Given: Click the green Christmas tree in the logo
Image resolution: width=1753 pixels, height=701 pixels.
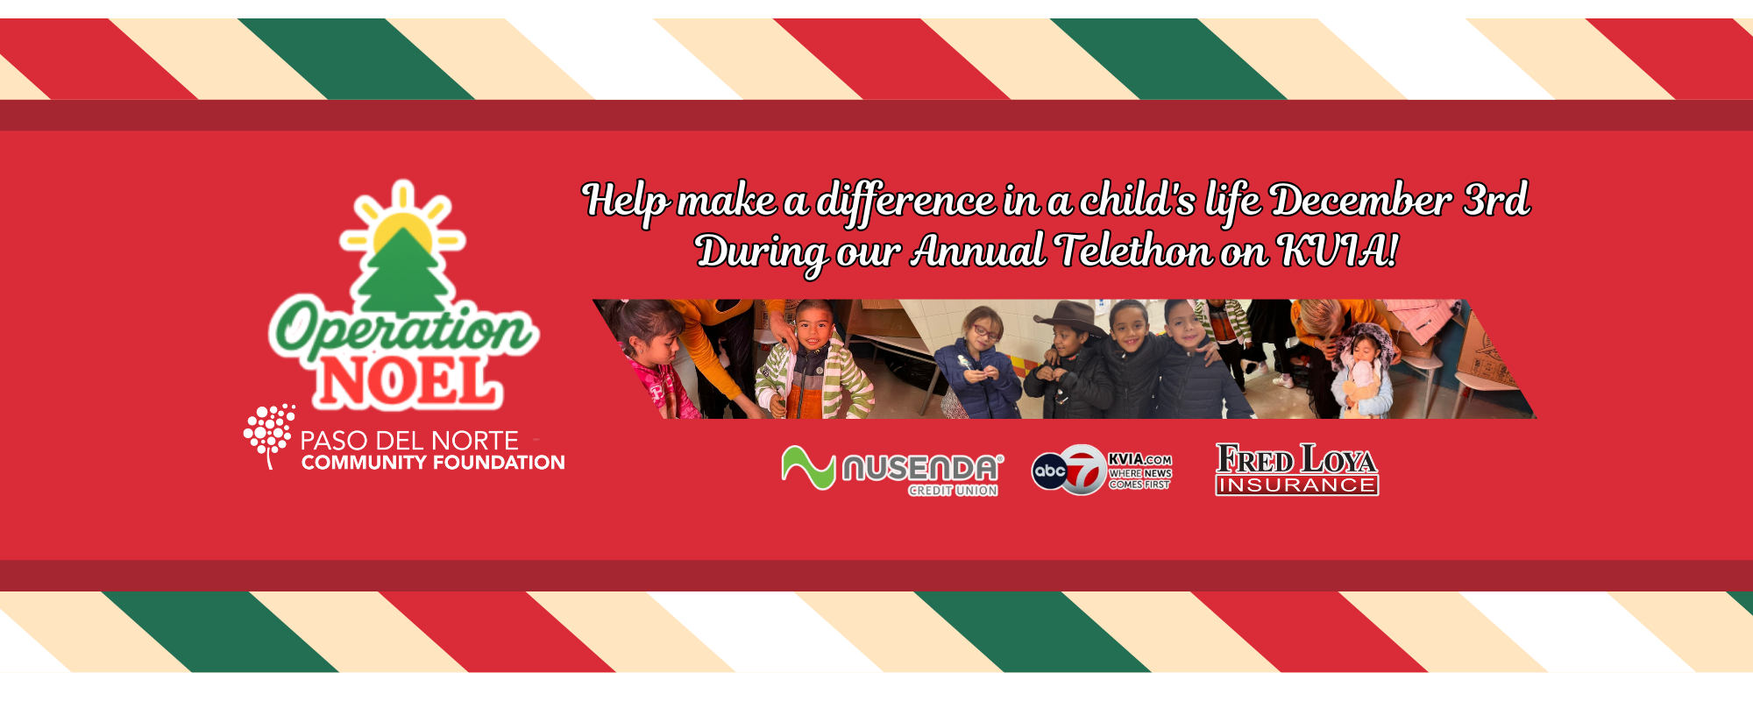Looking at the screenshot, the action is click(403, 272).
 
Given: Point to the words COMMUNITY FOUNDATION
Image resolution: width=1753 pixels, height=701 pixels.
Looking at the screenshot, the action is click(433, 463).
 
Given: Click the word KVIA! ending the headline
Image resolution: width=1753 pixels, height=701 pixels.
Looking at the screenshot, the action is click(1338, 251).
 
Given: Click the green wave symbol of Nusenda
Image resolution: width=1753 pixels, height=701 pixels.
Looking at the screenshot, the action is click(808, 468).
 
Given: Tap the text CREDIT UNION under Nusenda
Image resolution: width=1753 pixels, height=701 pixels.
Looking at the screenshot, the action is click(953, 491).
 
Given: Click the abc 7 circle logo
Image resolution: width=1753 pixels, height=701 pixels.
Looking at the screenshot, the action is click(1068, 470).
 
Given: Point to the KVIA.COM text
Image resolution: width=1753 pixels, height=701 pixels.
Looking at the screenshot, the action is click(1139, 459).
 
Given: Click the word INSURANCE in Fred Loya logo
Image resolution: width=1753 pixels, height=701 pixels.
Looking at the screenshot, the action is click(1297, 485).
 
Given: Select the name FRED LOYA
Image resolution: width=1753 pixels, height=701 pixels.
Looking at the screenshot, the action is click(1296, 459).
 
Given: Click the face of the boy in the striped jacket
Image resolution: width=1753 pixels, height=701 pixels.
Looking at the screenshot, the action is click(815, 326).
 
